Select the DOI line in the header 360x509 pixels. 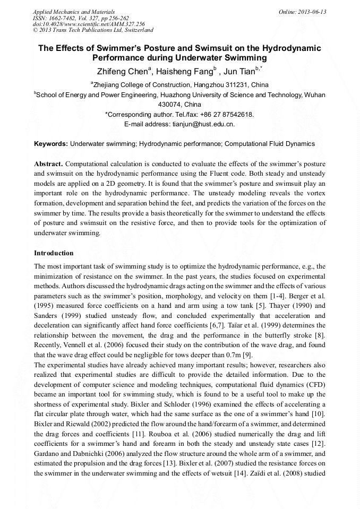tap(89, 24)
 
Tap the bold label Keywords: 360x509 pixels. tap(51, 144)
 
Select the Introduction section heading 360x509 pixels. tap(54, 253)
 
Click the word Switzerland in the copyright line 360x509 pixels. tap(136, 30)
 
